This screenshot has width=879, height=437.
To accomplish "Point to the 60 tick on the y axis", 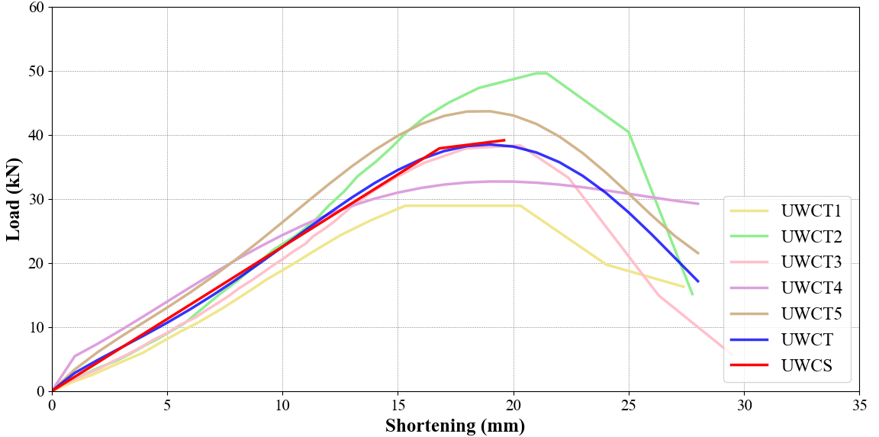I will tap(37, 8).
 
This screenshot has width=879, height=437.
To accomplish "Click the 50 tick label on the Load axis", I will tap(37, 72).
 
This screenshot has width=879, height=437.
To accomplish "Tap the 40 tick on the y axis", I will tap(37, 136).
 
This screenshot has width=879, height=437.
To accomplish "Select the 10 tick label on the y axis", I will tap(37, 328).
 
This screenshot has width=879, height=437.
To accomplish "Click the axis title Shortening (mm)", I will tap(455, 425).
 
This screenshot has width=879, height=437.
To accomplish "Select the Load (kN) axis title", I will tap(14, 199).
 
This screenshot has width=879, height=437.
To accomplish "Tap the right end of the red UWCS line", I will tap(504, 140).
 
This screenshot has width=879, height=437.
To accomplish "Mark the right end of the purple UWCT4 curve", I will tap(698, 204).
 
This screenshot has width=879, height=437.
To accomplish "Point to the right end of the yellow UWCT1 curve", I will tap(684, 287).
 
